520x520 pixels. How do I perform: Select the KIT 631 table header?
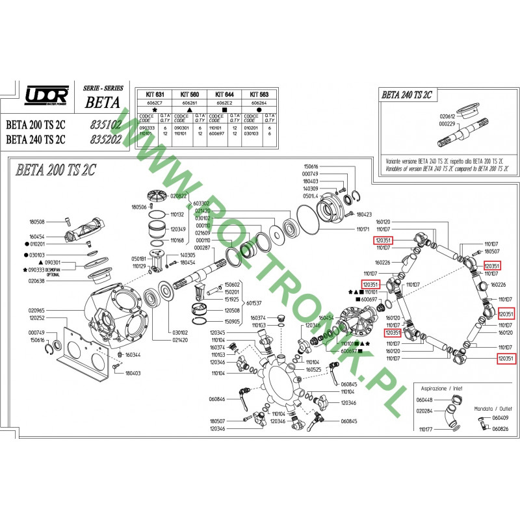(x=151, y=94)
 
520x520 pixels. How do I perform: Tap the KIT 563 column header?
(x=261, y=94)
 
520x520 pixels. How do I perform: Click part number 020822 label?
(x=179, y=196)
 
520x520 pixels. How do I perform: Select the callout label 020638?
(x=37, y=281)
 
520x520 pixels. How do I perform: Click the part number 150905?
(x=232, y=321)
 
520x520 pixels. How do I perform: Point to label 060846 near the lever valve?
(x=216, y=399)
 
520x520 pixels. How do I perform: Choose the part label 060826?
(x=500, y=429)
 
